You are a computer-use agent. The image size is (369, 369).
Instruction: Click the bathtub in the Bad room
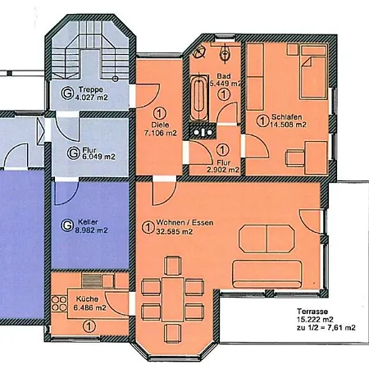point(199,98)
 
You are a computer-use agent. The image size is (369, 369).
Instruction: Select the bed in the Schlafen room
point(313,71)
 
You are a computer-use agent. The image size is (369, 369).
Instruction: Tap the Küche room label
point(87,299)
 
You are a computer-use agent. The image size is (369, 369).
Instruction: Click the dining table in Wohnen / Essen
point(173,299)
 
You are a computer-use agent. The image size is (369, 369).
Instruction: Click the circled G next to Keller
point(66,225)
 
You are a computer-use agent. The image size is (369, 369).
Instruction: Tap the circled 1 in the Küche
point(89,326)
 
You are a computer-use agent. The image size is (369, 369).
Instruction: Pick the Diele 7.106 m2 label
point(160,129)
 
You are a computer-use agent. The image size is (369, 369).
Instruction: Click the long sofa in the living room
point(267,274)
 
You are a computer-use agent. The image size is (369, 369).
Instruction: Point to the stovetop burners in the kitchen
point(59,303)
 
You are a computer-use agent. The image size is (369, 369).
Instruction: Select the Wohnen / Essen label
point(184,223)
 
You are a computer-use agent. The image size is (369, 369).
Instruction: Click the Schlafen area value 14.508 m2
point(289,125)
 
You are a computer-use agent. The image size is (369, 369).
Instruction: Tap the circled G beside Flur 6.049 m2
point(73,153)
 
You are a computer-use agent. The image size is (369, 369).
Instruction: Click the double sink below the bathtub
point(203,132)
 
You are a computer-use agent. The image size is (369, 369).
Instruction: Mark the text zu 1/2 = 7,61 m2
point(326,327)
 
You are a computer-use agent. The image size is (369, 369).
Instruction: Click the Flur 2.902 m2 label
point(223,166)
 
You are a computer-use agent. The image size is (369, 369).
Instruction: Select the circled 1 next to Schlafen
point(262,121)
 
